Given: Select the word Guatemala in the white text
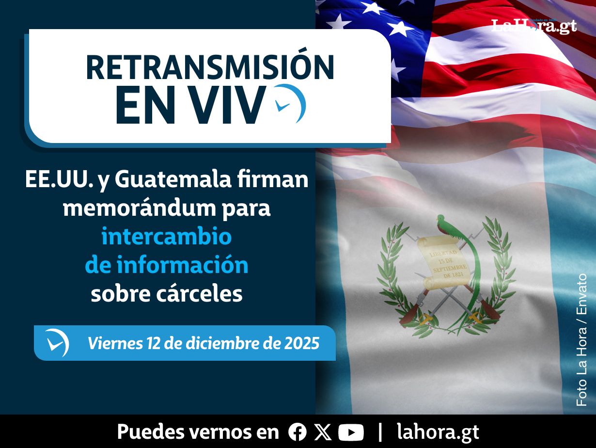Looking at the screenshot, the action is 173,179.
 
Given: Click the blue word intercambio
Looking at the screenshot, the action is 167,236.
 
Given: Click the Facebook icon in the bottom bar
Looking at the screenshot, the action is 298,432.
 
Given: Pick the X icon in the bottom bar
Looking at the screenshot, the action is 323,432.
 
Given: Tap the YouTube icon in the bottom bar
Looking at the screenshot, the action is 351,432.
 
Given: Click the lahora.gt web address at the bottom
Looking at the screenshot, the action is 438,432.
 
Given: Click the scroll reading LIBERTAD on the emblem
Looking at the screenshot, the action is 443,263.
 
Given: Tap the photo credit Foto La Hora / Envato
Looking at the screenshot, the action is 581,340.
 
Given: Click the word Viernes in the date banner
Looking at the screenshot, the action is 115,343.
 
